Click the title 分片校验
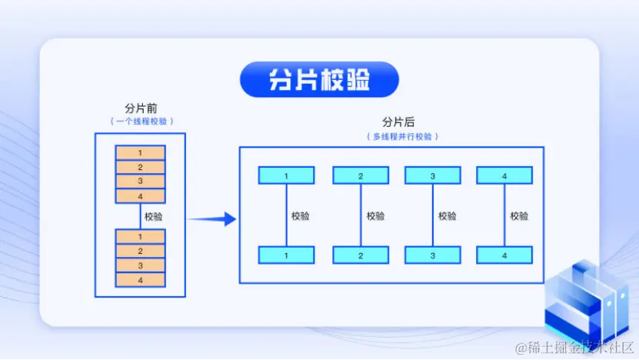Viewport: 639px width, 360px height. (x=319, y=80)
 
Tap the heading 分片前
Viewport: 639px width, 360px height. (x=141, y=108)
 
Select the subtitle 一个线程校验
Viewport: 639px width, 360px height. (x=141, y=122)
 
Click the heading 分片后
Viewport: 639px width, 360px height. (x=398, y=122)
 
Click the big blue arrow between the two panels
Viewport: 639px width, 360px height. (x=211, y=219)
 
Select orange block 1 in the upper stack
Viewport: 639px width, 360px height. (x=140, y=153)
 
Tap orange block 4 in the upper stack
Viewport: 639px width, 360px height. (x=140, y=195)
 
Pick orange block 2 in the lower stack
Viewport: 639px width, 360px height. (x=140, y=251)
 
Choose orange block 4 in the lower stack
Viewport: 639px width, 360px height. (x=140, y=280)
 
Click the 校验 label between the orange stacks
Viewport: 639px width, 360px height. (x=154, y=216)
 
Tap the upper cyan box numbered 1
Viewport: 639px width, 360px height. (x=286, y=175)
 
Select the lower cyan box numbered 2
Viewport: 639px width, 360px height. (x=361, y=255)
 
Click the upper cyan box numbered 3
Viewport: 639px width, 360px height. (x=433, y=175)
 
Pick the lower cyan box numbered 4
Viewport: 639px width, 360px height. (x=504, y=255)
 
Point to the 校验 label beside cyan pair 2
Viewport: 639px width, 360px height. (x=375, y=216)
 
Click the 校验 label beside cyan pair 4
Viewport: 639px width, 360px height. (x=520, y=216)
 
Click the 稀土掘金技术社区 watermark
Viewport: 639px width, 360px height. (x=574, y=348)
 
